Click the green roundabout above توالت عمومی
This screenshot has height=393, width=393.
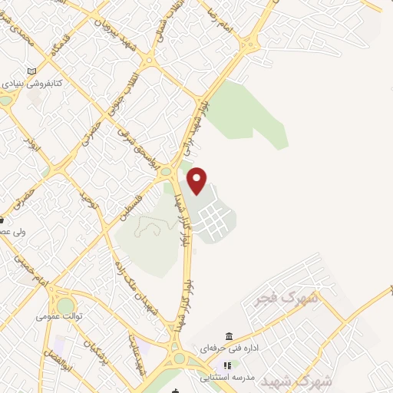[65, 305]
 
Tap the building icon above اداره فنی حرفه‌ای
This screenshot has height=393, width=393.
[229, 337]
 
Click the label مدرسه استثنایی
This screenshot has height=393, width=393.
[228, 377]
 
